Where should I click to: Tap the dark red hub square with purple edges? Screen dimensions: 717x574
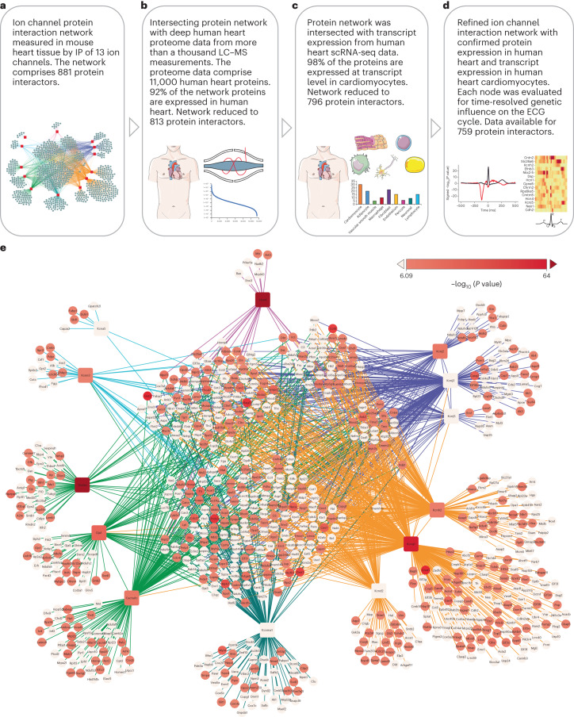262,300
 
